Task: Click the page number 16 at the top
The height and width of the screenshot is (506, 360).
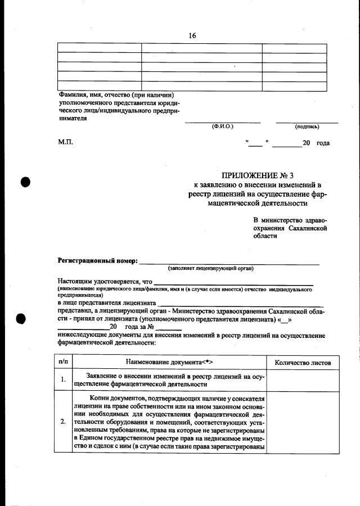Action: pyautogui.click(x=192, y=35)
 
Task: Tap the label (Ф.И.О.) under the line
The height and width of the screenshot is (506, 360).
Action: pyautogui.click(x=223, y=127)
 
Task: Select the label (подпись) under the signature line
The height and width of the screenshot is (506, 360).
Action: pyautogui.click(x=307, y=127)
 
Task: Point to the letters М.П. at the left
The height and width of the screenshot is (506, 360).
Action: pyautogui.click(x=65, y=143)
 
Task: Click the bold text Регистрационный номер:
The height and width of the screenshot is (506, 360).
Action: pyautogui.click(x=97, y=261)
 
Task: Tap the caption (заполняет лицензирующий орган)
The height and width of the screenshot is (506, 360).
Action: pyautogui.click(x=211, y=268)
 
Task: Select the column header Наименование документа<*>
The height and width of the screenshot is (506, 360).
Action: pyautogui.click(x=169, y=362)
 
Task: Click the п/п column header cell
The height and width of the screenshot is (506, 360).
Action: pyautogui.click(x=64, y=362)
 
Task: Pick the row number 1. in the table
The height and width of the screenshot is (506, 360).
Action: pyautogui.click(x=64, y=380)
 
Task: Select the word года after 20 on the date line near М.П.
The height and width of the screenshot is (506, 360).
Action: pyautogui.click(x=323, y=143)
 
